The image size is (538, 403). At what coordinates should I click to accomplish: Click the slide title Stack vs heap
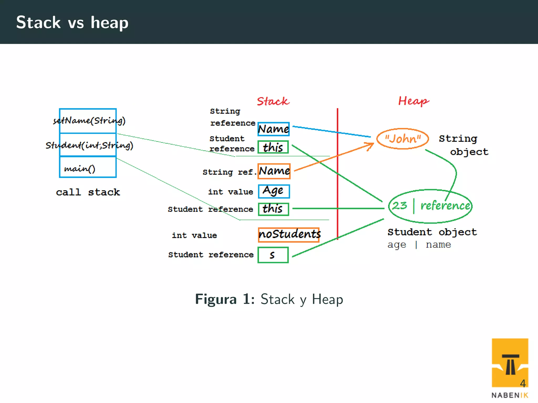[x=72, y=23]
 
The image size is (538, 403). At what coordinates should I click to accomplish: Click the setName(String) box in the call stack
[x=88, y=121]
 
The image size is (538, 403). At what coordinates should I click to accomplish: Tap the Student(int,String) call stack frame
[x=88, y=145]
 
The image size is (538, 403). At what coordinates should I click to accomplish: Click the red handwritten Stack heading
[x=273, y=101]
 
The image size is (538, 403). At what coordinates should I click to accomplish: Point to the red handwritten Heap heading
[x=413, y=101]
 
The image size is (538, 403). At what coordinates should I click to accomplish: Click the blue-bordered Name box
[x=273, y=129]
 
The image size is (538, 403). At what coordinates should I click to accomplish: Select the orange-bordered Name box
[x=274, y=171]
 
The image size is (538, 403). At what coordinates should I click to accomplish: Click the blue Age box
[x=274, y=191]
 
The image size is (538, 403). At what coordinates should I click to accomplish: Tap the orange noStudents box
[x=289, y=234]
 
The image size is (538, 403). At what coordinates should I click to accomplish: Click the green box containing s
[x=273, y=255]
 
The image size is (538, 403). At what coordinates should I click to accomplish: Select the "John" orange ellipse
[x=402, y=139]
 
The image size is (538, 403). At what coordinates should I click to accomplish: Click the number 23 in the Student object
[x=400, y=205]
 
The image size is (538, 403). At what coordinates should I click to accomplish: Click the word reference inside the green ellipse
[x=445, y=205]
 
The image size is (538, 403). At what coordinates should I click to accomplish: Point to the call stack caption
[x=88, y=192]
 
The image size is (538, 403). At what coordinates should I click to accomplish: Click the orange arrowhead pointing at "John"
[x=371, y=145]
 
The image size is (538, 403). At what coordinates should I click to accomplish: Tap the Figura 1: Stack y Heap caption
[x=269, y=299]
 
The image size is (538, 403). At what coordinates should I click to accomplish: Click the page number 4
[x=523, y=383]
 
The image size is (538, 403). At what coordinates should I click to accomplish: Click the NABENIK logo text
[x=510, y=395]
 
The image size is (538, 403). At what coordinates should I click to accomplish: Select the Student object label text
[x=432, y=232]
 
